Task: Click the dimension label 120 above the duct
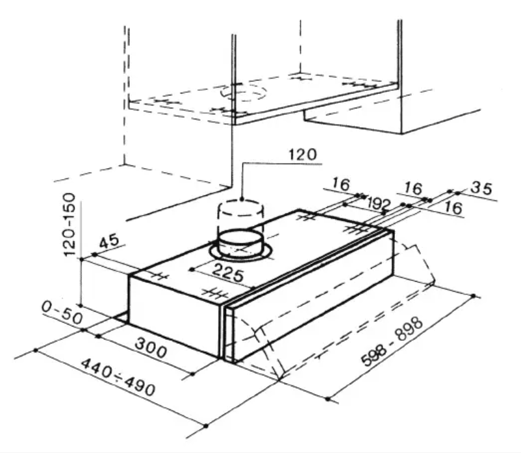(x=301, y=155)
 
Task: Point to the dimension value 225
(x=227, y=275)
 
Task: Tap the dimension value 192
(x=379, y=203)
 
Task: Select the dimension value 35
(x=481, y=188)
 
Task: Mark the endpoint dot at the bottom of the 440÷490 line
(x=205, y=426)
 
